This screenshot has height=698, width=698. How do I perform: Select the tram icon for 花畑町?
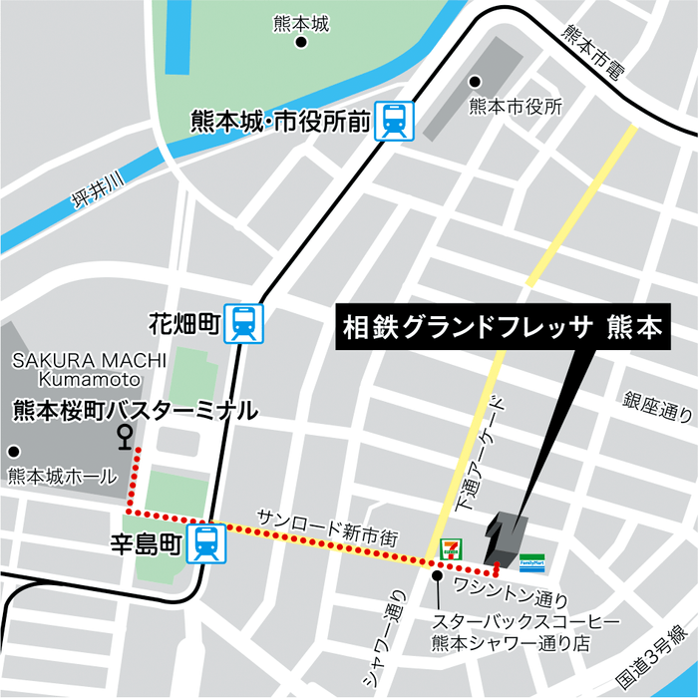point(243,323)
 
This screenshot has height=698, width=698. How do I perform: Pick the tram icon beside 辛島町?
point(206,543)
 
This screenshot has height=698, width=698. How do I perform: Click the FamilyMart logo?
point(531,564)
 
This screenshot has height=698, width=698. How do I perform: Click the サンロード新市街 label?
point(327,527)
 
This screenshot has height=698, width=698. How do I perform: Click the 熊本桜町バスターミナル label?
point(134,409)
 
